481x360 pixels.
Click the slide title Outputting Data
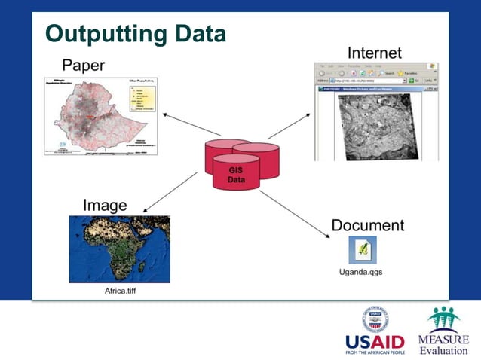pyautogui.click(x=136, y=34)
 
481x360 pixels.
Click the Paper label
pyautogui.click(x=83, y=65)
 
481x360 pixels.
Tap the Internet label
pyautogui.click(x=374, y=53)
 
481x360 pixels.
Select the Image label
pyautogui.click(x=104, y=205)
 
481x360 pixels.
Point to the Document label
pyautogui.click(x=367, y=225)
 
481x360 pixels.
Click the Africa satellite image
pyautogui.click(x=118, y=249)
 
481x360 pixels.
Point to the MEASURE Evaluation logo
pyautogui.click(x=443, y=331)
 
